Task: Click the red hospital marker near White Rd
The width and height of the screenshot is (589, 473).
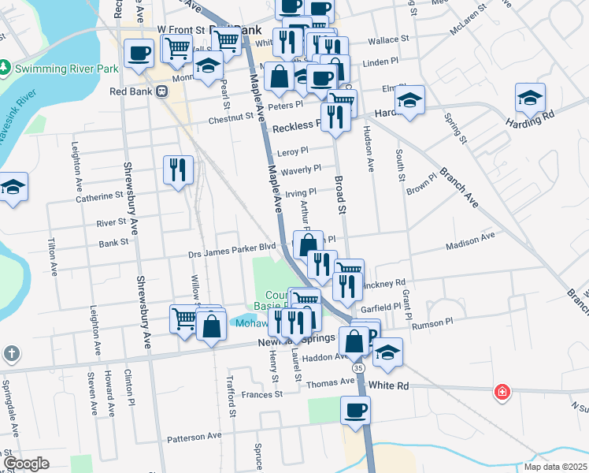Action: tap(501, 392)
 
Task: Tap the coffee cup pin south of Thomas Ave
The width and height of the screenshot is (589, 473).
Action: tap(355, 410)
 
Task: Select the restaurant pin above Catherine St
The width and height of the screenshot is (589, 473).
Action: tap(177, 169)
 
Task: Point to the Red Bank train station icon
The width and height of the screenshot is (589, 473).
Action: tap(162, 91)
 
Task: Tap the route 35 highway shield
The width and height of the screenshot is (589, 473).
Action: tap(358, 367)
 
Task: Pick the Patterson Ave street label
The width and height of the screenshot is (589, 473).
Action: tap(194, 436)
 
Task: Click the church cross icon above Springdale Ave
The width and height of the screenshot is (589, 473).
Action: tap(10, 354)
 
